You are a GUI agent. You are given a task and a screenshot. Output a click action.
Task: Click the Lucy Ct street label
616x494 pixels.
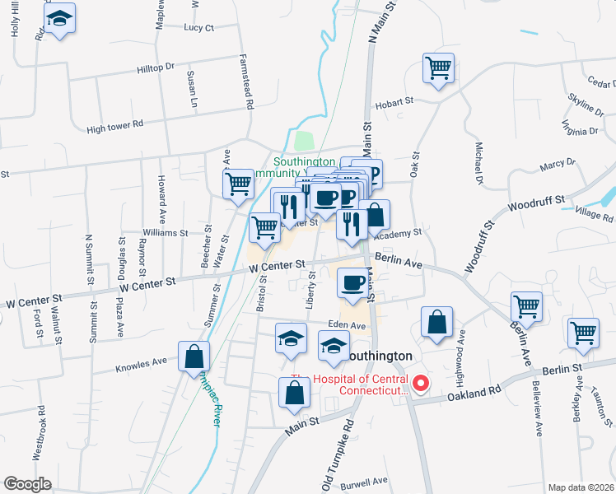point(199,27)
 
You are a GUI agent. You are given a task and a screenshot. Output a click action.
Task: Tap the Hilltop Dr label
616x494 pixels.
point(156,67)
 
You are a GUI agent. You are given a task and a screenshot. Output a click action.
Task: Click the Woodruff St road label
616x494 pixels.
point(537,203)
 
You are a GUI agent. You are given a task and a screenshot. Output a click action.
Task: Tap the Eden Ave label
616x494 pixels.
point(347,325)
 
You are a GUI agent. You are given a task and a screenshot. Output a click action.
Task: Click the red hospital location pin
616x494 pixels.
point(421,383)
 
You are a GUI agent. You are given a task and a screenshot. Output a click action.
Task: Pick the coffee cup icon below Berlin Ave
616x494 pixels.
point(353,283)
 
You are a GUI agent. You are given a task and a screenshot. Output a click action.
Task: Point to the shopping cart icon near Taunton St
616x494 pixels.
point(583,333)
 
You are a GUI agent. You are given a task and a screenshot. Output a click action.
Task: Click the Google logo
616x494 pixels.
point(27,484)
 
